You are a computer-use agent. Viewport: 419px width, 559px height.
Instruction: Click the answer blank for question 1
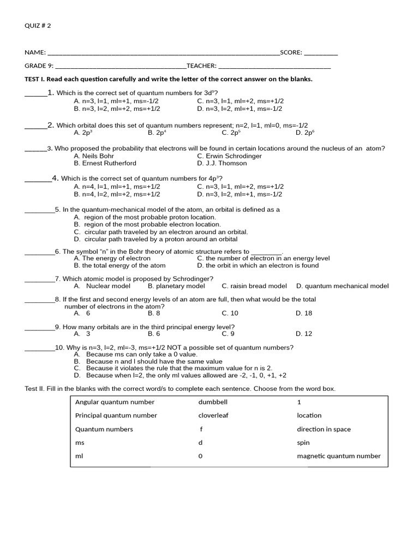36,95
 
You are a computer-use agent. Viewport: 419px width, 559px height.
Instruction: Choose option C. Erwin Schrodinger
229,156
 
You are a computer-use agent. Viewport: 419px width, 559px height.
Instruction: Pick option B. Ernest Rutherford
105,163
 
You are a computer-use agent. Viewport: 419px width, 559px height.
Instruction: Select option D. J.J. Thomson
222,163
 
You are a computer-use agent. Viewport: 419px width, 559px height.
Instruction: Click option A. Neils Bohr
94,156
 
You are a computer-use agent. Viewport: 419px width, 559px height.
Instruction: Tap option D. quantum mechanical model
342,286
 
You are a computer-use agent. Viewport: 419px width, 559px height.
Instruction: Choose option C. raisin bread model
254,286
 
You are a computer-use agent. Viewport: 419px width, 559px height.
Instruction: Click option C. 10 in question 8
230,313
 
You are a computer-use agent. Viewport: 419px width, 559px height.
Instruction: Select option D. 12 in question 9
304,334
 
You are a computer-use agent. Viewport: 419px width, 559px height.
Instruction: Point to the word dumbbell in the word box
213,402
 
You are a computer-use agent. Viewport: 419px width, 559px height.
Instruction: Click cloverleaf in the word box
213,415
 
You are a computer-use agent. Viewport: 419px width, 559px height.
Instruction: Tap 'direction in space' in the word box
324,430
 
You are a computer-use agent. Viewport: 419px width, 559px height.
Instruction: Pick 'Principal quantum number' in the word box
116,415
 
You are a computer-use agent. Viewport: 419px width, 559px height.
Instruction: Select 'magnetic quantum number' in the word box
338,456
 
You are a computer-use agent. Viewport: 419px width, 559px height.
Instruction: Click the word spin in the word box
303,443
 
